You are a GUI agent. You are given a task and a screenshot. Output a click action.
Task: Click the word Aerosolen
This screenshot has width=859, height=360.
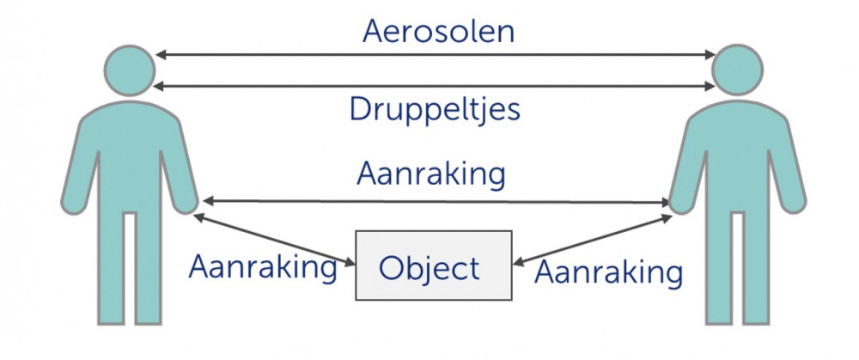[x=438, y=31]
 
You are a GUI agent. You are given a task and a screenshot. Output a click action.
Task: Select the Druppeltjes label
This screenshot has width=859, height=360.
[x=435, y=111]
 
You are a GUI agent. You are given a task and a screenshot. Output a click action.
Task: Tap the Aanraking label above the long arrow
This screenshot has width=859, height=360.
[x=431, y=175]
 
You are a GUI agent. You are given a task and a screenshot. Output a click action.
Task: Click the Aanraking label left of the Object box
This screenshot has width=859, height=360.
[x=263, y=268]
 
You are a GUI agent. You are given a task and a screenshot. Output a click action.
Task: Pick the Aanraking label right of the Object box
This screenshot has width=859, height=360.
[x=609, y=272]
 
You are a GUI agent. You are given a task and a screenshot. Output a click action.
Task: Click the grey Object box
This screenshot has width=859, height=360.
[x=434, y=265]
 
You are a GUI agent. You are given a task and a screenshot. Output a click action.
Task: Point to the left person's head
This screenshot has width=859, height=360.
[x=130, y=70]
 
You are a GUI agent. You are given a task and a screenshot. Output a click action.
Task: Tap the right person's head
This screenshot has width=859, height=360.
[x=737, y=70]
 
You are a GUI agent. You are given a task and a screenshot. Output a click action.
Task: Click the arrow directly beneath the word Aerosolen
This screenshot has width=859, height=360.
[x=436, y=55]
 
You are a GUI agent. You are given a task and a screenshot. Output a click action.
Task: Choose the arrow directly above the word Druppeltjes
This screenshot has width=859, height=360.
[x=435, y=86]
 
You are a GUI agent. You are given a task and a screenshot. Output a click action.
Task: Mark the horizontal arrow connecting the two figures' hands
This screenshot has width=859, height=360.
[x=436, y=202]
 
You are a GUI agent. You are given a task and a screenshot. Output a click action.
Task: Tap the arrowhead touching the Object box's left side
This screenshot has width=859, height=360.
[x=350, y=263]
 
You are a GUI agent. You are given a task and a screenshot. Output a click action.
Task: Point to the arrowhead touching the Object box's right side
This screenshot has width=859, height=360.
[x=518, y=262]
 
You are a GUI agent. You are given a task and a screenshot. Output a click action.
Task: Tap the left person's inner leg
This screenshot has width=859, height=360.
[x=148, y=267]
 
